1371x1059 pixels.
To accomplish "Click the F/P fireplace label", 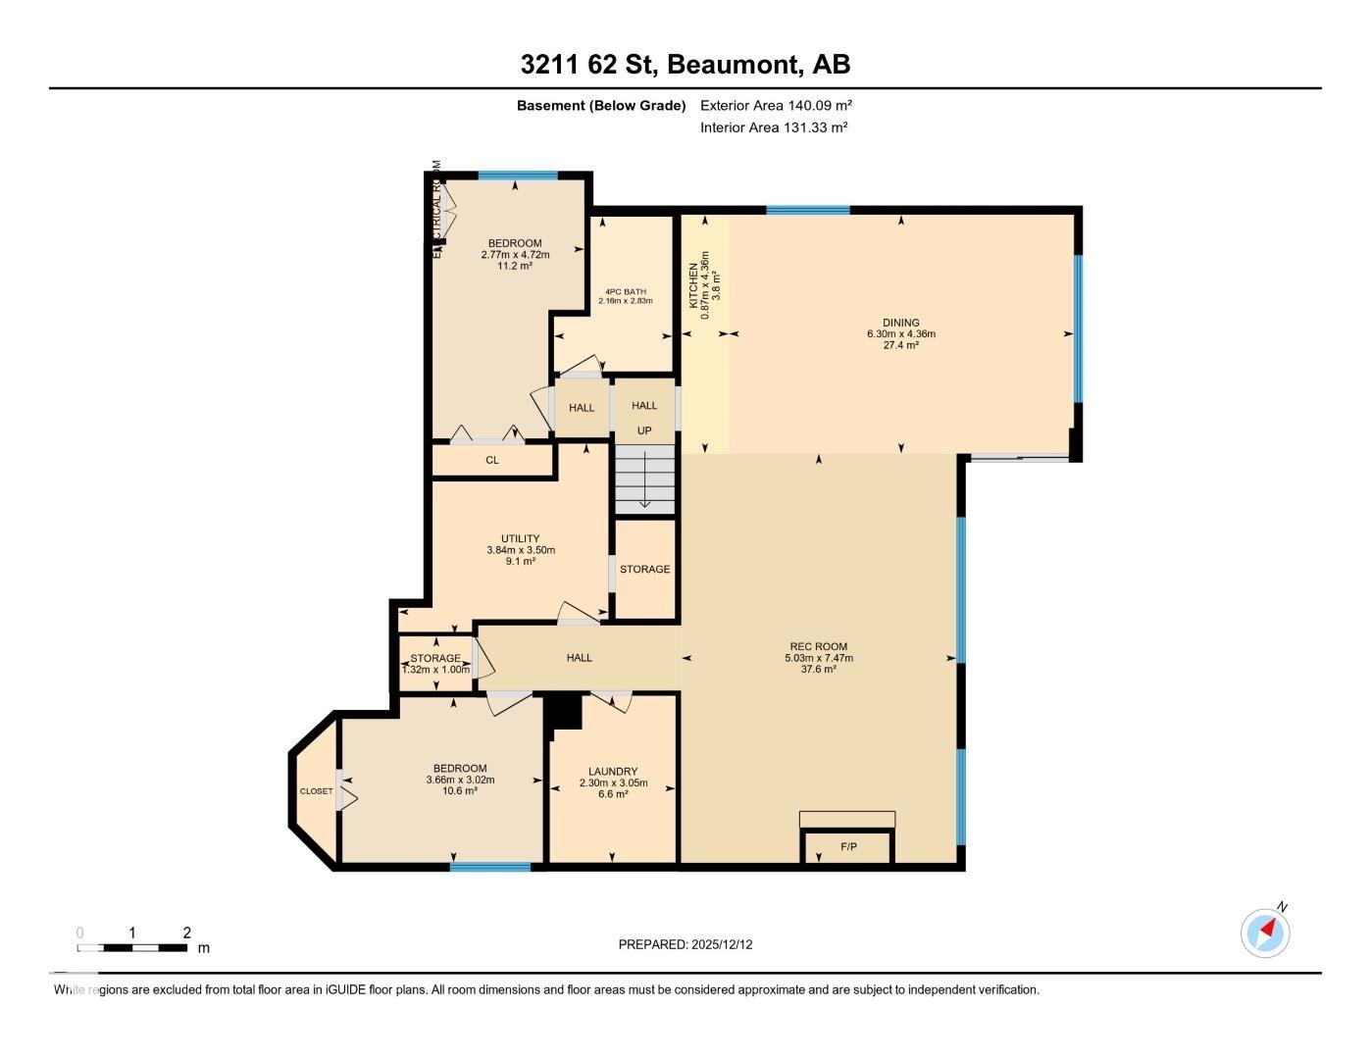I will pos(848,846).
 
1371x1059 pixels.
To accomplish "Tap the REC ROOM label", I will pos(818,646).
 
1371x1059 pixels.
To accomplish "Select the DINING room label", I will pos(900,323).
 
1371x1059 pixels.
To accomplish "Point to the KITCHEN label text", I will pos(693,285).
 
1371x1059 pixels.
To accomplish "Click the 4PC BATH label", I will pos(625,291).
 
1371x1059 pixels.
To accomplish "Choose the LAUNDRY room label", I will pos(613,772).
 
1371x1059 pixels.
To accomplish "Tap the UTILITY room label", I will pos(520,538).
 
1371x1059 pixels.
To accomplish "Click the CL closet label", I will pos(492,460).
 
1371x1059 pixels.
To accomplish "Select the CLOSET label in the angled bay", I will pos(316,791).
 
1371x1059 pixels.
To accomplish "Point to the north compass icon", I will pos(1265,932).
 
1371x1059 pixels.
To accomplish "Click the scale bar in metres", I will pos(132,947).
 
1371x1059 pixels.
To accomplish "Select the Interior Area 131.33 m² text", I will pos(774,127).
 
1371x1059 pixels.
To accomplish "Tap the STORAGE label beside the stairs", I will pos(644,569).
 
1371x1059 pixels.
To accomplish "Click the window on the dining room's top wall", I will pos(807,210).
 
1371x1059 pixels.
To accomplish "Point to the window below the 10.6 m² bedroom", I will pos(490,866).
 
